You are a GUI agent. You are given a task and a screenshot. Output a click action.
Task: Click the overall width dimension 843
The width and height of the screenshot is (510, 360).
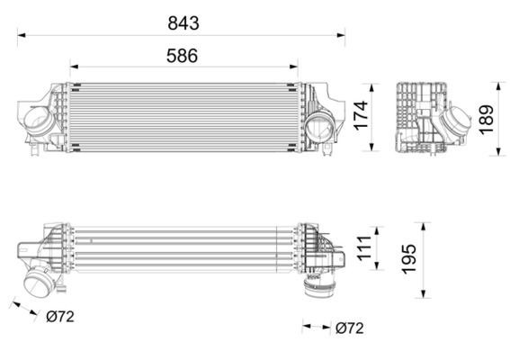pos(182,22)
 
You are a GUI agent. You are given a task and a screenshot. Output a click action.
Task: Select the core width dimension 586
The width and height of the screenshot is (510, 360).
pos(182,54)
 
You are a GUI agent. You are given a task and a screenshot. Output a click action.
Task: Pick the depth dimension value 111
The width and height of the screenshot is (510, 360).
pos(362,247)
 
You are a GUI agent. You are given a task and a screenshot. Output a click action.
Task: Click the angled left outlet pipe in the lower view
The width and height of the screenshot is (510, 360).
pos(40,282)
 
